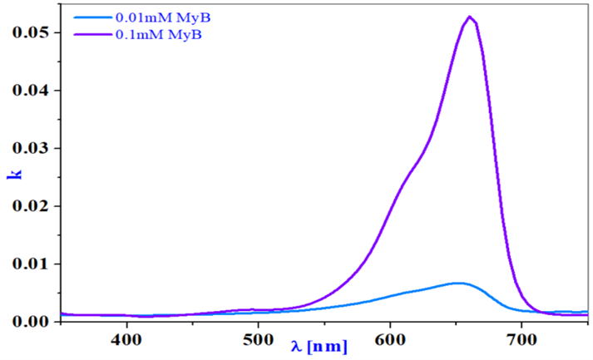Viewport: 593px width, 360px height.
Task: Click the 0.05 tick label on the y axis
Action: coord(31,32)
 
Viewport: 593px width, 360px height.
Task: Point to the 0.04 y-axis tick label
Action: coord(31,91)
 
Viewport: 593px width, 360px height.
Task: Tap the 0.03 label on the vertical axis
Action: coord(31,148)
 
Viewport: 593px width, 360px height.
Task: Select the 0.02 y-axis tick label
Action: coord(31,206)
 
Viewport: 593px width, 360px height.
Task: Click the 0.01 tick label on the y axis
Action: coord(31,264)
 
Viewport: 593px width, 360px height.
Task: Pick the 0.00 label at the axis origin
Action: coord(31,322)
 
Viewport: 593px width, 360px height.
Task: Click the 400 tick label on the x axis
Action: coord(126,340)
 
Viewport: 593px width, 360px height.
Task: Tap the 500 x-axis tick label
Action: coord(259,340)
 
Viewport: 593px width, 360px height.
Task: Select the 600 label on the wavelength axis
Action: coord(390,340)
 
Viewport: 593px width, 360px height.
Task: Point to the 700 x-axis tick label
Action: coord(521,340)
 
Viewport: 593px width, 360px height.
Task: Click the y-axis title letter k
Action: coord(15,174)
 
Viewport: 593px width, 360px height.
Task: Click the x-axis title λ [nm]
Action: coord(319,346)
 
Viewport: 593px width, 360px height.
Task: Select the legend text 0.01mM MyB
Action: coord(163,17)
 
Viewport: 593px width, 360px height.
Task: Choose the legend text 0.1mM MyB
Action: coord(159,34)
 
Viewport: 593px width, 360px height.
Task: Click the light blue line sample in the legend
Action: coord(93,17)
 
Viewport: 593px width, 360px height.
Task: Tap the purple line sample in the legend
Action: coord(93,34)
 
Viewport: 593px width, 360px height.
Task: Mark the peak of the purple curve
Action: coord(470,17)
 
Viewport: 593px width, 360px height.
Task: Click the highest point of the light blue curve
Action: coord(457,283)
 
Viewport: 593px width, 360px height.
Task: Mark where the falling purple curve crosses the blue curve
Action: coord(540,311)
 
